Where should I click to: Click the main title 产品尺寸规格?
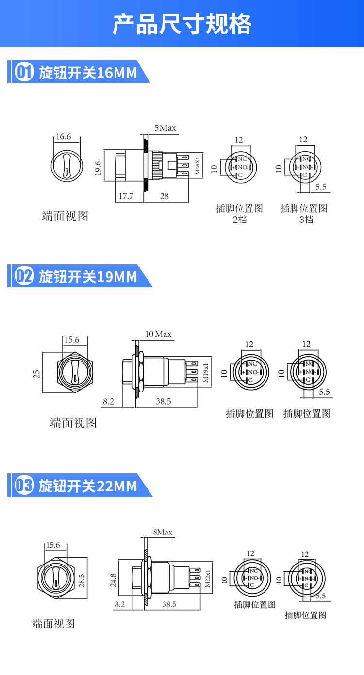point(182,24)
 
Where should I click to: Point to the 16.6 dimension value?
point(63,136)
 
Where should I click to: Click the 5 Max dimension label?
point(165,128)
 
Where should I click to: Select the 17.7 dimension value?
point(126,196)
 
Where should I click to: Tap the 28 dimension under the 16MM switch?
point(165,196)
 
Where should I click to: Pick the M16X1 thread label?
point(198,165)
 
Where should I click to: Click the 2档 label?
point(240,219)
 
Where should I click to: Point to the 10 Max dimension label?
point(158,334)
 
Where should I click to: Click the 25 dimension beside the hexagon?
point(36,374)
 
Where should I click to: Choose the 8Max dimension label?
point(163,532)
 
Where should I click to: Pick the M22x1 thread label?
point(207,579)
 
